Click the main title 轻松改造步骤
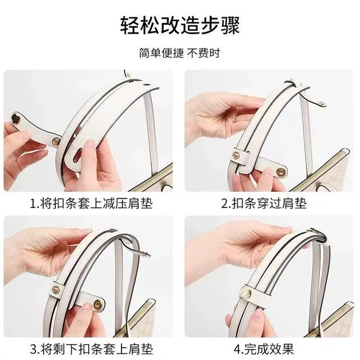[180, 25]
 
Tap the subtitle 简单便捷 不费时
[179, 53]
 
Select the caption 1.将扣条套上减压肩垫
[91, 203]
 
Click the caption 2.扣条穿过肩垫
[264, 203]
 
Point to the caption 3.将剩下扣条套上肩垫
[91, 349]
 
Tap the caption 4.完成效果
[264, 349]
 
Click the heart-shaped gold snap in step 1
[17, 118]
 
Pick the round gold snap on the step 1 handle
[56, 141]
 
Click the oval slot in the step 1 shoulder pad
[78, 155]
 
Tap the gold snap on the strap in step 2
[236, 155]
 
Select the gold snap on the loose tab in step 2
[281, 172]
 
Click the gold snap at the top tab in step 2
[322, 103]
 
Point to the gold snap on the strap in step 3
[56, 290]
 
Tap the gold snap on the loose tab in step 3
[98, 305]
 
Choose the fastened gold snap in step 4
[246, 292]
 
